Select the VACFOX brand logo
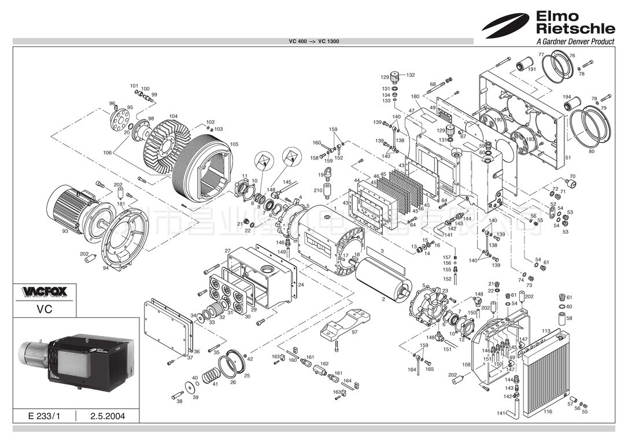point(45,291)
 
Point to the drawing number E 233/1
point(44,416)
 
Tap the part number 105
point(234,144)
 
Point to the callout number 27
point(228,251)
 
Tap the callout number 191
point(532,69)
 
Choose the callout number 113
point(546,331)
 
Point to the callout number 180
point(415,97)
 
